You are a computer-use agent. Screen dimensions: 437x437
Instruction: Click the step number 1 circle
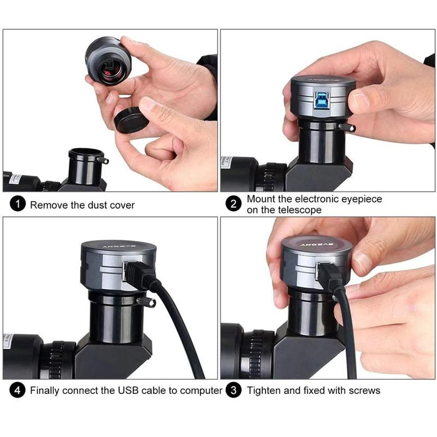17,204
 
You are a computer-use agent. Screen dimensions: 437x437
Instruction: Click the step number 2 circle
233,204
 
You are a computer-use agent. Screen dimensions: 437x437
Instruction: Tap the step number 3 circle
233,391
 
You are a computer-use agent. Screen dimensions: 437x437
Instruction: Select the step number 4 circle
17,391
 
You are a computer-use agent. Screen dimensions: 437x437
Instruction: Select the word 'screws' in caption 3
362,391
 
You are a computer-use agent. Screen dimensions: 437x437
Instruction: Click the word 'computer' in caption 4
199,391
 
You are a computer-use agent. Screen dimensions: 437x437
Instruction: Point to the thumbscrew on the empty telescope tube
104,160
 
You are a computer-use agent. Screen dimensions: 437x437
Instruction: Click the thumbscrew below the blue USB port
347,127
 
